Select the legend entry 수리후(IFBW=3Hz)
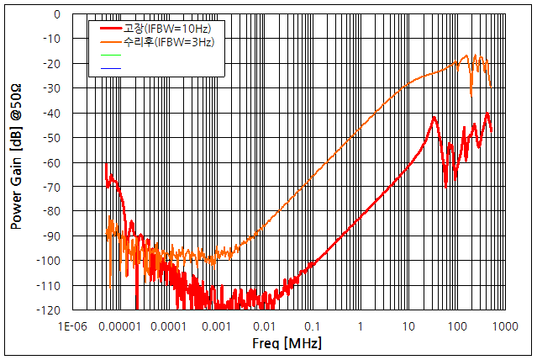click(169, 41)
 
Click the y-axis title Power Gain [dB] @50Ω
click(16, 162)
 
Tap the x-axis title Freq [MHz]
click(287, 344)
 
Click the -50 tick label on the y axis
click(50, 138)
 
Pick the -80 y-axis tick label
click(50, 212)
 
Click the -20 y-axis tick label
click(50, 64)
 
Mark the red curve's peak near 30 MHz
click(434, 117)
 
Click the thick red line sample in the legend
click(109, 29)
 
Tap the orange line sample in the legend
click(109, 41)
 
